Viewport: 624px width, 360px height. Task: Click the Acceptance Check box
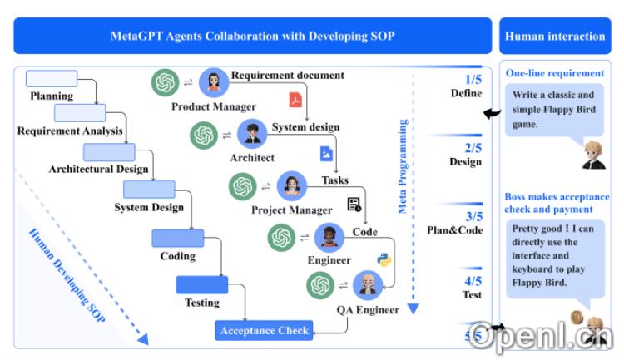(x=265, y=330)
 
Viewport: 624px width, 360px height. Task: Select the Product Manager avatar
(x=214, y=82)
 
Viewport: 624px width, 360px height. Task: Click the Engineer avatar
(x=329, y=238)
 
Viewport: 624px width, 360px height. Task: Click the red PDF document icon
(x=295, y=101)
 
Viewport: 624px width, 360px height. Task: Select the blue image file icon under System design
(x=327, y=153)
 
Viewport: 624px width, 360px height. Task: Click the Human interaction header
(x=555, y=37)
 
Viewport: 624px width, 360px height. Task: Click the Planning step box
(x=52, y=79)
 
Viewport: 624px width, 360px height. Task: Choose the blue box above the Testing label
(x=201, y=285)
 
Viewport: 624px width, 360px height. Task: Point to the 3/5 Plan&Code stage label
(x=455, y=224)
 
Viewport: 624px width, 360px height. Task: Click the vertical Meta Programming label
(x=403, y=166)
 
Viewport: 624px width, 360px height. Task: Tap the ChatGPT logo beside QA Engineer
(x=319, y=286)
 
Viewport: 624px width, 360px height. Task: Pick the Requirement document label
(x=287, y=75)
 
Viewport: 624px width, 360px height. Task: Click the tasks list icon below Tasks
(x=354, y=204)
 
